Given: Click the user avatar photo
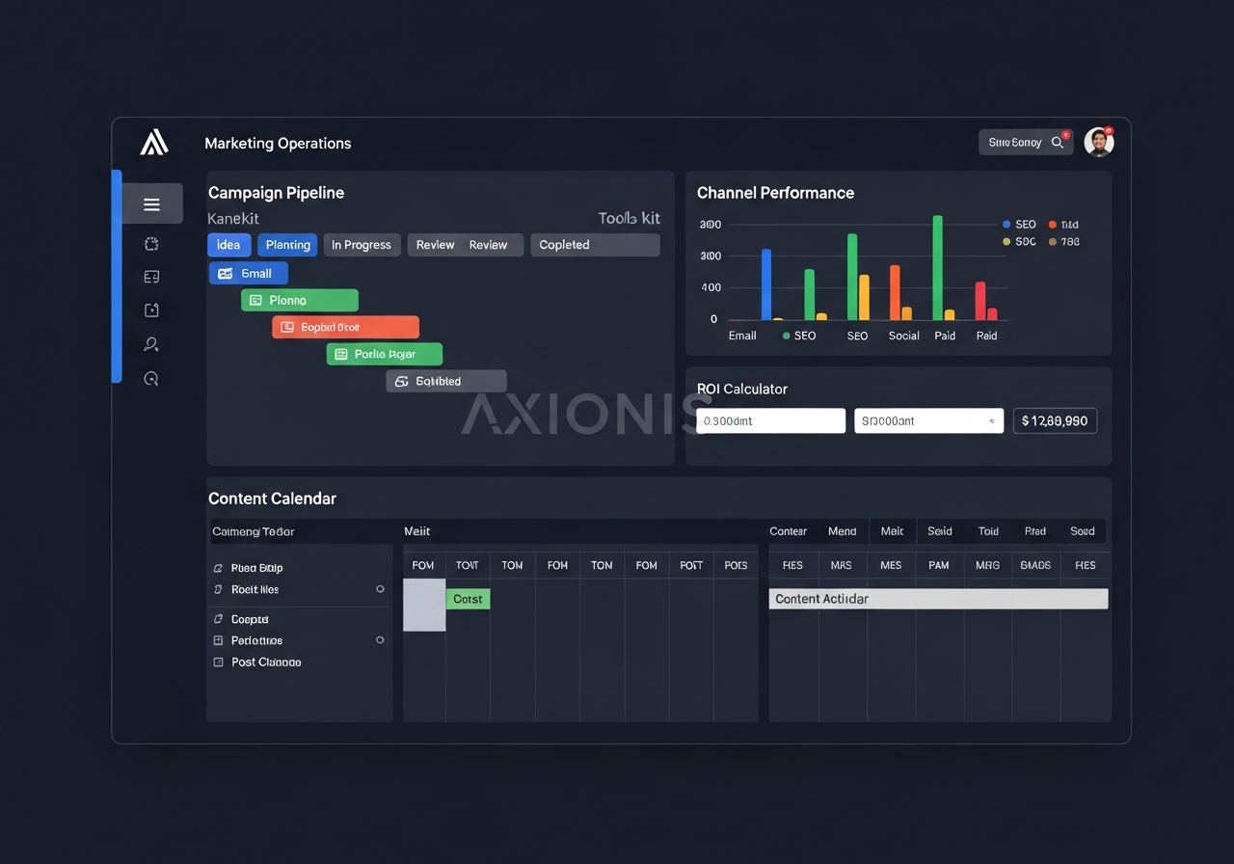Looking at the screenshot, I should pyautogui.click(x=1098, y=142).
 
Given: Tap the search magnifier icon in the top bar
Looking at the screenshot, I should pyautogui.click(x=1058, y=143).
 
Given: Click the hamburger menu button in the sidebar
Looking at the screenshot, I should pyautogui.click(x=151, y=203).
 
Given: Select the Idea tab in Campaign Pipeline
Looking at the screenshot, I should pyautogui.click(x=228, y=245).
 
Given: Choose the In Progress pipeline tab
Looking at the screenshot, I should pyautogui.click(x=362, y=245).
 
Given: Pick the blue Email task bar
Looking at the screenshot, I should pyautogui.click(x=248, y=274).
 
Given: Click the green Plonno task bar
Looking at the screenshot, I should pyautogui.click(x=299, y=301).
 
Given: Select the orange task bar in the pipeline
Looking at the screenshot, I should pyautogui.click(x=345, y=328).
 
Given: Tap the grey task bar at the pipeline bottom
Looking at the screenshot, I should pyautogui.click(x=445, y=382).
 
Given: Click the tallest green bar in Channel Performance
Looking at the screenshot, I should pyautogui.click(x=937, y=267).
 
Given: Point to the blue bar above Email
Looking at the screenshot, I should pyautogui.click(x=766, y=284).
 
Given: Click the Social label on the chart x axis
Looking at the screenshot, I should pyautogui.click(x=903, y=336).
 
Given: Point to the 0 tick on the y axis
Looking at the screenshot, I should pyautogui.click(x=713, y=319).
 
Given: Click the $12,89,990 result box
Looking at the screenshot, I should pyautogui.click(x=1055, y=421).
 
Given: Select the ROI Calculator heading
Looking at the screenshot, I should pyautogui.click(x=742, y=390).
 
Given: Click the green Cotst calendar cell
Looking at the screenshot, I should pyautogui.click(x=468, y=600).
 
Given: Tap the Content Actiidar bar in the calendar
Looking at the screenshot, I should pyautogui.click(x=938, y=599).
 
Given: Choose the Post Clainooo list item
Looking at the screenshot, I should pyautogui.click(x=265, y=662).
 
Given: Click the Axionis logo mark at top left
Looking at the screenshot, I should pyautogui.click(x=154, y=143).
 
